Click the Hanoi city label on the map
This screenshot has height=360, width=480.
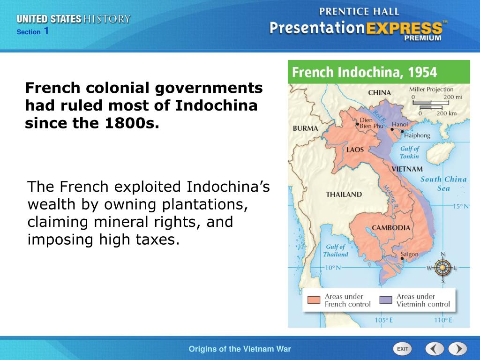[x=400, y=125]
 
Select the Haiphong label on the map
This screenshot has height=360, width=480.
[x=417, y=135]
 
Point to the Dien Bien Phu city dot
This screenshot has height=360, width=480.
[x=357, y=124]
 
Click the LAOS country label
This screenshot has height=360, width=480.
[x=355, y=150]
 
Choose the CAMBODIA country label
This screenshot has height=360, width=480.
[x=391, y=228]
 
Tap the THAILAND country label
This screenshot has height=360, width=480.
[x=344, y=194]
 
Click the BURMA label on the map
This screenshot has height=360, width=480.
[x=305, y=128]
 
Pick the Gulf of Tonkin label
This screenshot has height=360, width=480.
[x=410, y=152]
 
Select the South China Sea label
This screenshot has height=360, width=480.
[x=443, y=183]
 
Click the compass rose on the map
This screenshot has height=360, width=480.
[x=442, y=268]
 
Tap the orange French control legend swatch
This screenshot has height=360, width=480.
[x=314, y=300]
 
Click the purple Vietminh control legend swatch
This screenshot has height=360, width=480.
[x=385, y=300]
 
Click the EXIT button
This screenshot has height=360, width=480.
[x=402, y=349]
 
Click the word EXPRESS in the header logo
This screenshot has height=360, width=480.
[x=405, y=28]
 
